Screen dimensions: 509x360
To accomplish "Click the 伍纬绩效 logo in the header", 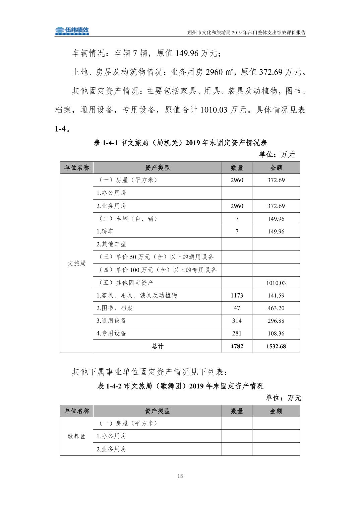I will click(x=72, y=31).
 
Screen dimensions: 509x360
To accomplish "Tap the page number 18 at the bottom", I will click(x=180, y=476).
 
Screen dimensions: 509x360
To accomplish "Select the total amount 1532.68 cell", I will click(x=276, y=346).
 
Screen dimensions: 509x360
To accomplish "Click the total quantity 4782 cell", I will click(x=237, y=346).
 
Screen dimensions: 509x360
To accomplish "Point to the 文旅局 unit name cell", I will click(x=76, y=263).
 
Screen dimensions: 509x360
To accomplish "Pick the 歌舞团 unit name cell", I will click(x=76, y=436).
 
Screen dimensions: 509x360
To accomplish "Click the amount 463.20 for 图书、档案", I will click(x=276, y=308).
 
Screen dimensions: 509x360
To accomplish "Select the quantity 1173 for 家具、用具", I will click(x=237, y=295).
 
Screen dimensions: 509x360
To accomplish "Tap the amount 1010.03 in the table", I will click(x=276, y=283).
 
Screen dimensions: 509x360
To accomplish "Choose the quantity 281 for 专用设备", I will click(x=237, y=334).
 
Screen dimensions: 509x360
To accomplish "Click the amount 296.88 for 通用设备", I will click(x=276, y=321).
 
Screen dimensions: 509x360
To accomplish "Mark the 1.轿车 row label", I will click(x=105, y=231).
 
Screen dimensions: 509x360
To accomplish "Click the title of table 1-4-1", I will click(x=180, y=143).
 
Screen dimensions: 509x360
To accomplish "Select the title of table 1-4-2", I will click(x=180, y=386).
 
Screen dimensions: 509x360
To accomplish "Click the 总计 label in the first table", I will click(x=157, y=346).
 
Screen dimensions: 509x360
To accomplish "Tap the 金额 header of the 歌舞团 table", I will click(x=276, y=411).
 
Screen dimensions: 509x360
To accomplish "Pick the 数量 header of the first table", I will click(x=237, y=168).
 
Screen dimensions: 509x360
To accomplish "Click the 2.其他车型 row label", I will click(x=111, y=244).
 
